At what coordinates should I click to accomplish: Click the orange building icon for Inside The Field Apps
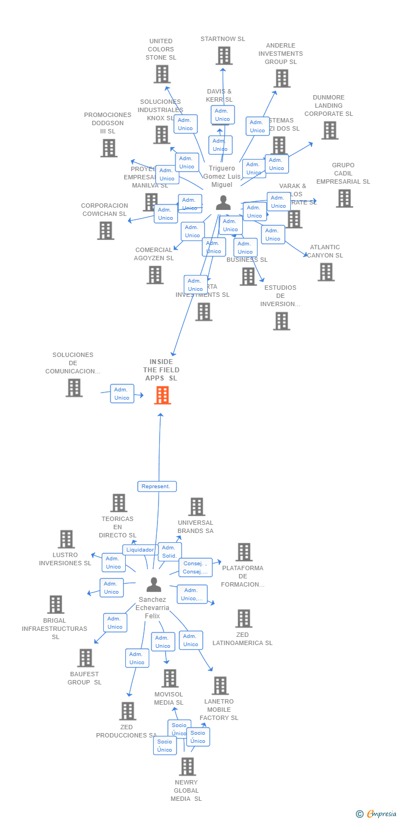click(162, 395)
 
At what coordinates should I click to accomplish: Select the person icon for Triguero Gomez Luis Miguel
click(223, 203)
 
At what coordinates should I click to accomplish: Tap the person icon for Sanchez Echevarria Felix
click(154, 585)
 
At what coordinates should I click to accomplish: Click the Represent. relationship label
click(157, 486)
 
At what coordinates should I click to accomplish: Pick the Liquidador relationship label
click(139, 550)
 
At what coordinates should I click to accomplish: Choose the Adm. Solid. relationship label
click(169, 552)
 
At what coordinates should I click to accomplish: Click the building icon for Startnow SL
click(224, 56)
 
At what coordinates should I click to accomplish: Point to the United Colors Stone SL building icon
click(162, 74)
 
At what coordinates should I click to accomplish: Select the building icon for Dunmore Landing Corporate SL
click(329, 131)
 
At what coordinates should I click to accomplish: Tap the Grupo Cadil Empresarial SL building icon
click(344, 198)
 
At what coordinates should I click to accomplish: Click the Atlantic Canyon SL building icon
click(326, 272)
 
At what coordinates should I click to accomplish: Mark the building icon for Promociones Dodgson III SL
click(109, 148)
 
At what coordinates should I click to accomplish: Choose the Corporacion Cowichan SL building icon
click(106, 231)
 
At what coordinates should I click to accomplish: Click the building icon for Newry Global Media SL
click(188, 767)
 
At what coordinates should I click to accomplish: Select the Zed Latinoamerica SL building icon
click(243, 619)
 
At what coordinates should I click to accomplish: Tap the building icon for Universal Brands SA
click(197, 507)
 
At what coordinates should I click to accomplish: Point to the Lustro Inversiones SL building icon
click(66, 539)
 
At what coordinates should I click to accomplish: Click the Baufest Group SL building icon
click(85, 658)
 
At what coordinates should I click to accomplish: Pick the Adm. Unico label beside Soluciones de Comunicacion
click(122, 394)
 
